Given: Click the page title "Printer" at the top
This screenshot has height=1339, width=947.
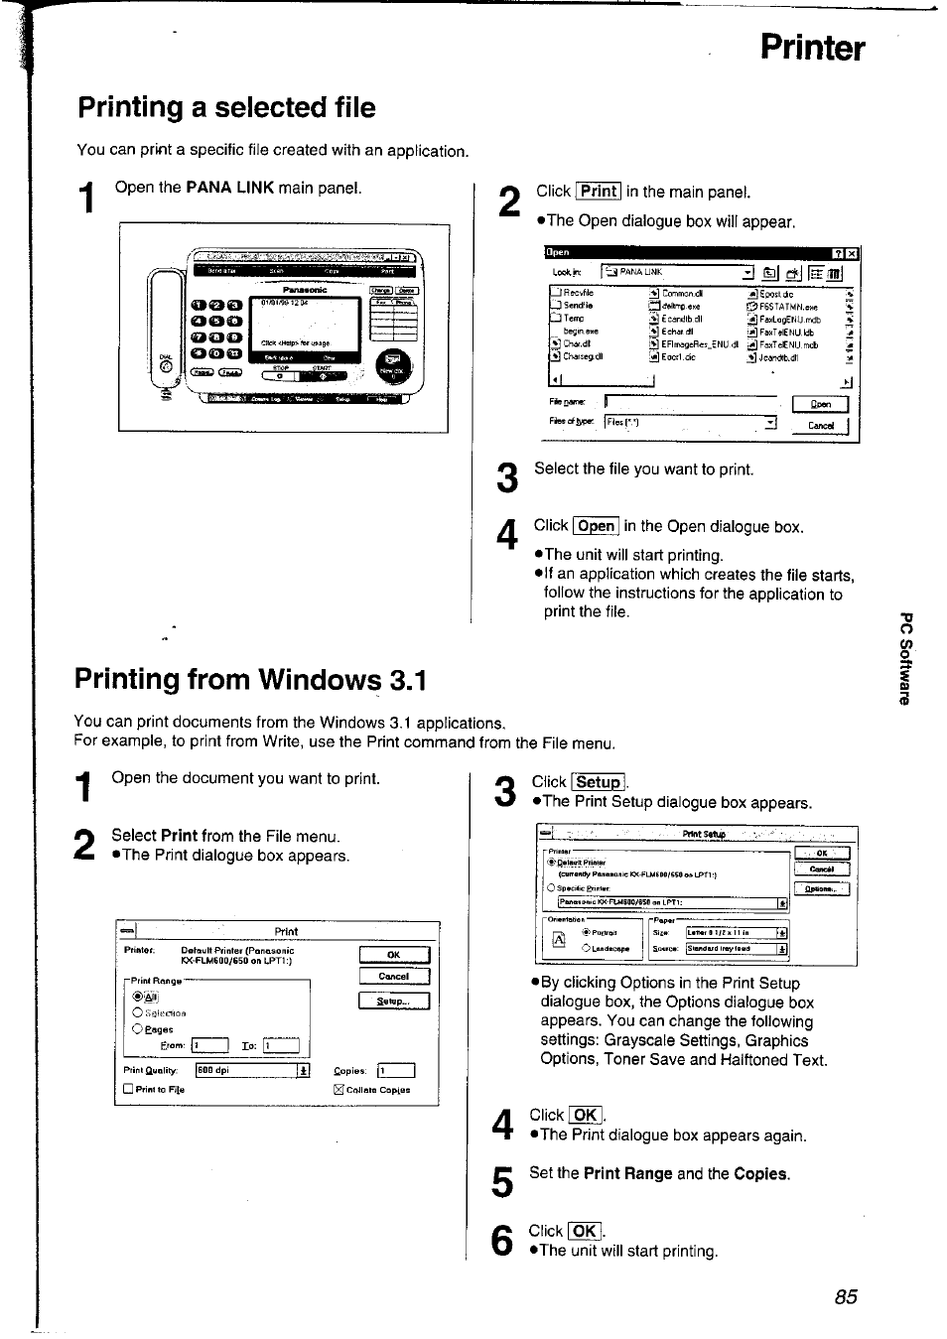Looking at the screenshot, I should [811, 49].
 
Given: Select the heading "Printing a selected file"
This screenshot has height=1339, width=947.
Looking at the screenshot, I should [226, 107].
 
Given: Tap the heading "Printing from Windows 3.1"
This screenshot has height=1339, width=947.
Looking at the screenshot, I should [250, 679].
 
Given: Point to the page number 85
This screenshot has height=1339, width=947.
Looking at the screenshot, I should [846, 1296].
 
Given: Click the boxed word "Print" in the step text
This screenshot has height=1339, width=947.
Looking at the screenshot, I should [599, 192].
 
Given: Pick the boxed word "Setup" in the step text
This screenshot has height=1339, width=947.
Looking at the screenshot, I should [598, 782].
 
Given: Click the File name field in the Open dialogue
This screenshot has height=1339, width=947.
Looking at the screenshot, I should [690, 402].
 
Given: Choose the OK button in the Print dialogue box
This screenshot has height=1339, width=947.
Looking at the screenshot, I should [393, 955].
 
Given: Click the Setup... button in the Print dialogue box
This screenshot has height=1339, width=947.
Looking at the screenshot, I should [393, 1002].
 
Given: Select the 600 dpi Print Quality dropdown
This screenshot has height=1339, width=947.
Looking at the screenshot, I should [252, 1070].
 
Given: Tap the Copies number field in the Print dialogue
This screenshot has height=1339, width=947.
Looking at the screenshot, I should [396, 1070].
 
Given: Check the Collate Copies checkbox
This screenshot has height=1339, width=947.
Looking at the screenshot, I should [338, 1089].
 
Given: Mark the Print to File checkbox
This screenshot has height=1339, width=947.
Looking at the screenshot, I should [128, 1089].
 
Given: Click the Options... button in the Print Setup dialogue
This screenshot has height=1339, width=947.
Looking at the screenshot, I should [821, 889].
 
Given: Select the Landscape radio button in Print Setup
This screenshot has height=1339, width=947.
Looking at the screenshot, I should [587, 948].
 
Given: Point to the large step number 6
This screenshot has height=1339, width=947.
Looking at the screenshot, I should [503, 1241].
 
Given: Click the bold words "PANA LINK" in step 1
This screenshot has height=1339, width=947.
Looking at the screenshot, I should [229, 188].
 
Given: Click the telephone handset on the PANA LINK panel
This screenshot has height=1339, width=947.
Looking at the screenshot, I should [166, 328].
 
